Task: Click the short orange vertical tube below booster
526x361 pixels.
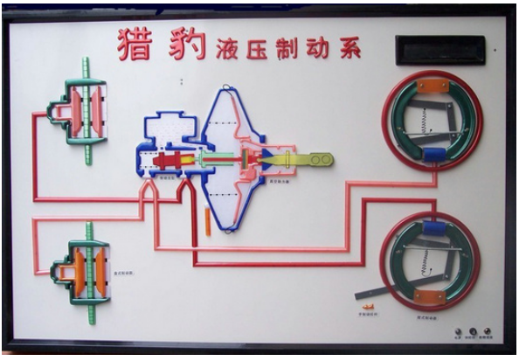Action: [207, 219]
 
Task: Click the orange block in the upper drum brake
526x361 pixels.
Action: [432, 86]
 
